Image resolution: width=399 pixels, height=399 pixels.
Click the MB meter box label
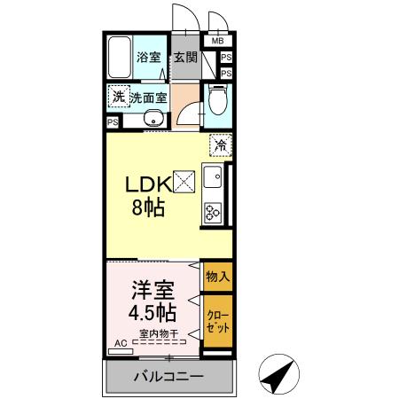tap(218, 40)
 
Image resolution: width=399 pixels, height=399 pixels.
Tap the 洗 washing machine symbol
tap(118, 96)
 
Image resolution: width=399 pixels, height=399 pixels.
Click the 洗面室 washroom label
tap(149, 98)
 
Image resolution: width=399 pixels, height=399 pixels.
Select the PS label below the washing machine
tap(113, 122)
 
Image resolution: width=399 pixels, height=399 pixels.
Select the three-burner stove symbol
tap(214, 212)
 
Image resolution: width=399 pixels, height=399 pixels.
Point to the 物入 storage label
tap(218, 277)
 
